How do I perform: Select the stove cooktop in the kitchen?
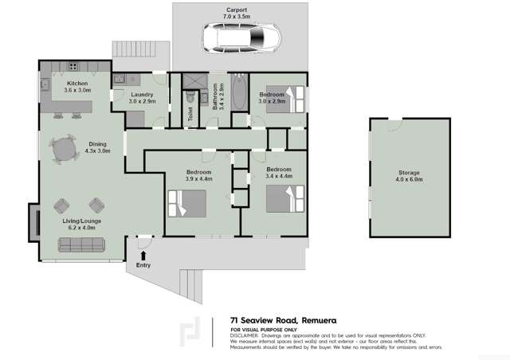[x=73, y=66]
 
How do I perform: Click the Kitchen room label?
[x=77, y=84]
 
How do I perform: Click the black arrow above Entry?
[x=143, y=254]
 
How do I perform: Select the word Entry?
[x=143, y=265]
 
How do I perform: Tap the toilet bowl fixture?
[x=188, y=95]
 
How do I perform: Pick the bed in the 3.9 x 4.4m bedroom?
[x=186, y=205]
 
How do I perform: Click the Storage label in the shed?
[x=409, y=173]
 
